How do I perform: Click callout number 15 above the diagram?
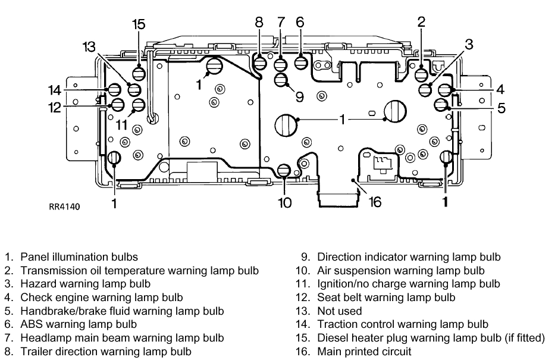click(139, 24)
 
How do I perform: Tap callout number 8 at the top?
click(259, 23)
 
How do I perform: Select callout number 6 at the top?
click(300, 22)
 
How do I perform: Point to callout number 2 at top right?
click(421, 23)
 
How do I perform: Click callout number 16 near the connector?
click(375, 202)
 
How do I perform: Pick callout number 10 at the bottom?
click(285, 202)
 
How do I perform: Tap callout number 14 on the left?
click(55, 90)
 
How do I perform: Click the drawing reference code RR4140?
click(64, 207)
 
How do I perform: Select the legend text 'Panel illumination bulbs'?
click(79, 257)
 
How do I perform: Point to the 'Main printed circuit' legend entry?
click(363, 351)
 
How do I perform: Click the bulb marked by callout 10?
click(284, 171)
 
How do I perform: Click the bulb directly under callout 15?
click(139, 74)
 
